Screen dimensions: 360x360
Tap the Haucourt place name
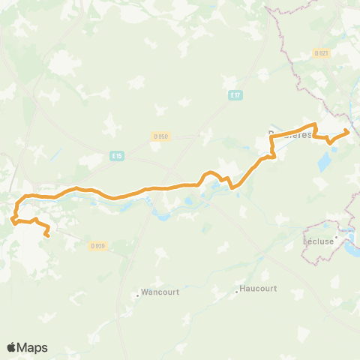[259, 289]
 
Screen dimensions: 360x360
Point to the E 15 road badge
[115, 155]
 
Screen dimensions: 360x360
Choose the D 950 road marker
[161, 136]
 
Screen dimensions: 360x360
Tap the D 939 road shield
[97, 245]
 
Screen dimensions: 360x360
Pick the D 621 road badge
[321, 52]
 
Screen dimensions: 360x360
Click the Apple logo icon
[12, 347]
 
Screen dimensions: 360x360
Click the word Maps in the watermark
[33, 347]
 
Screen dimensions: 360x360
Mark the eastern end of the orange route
[347, 132]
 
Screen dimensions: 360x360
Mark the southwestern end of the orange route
[47, 235]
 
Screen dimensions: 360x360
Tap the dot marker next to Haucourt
[236, 291]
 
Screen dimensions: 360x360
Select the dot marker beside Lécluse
[338, 238]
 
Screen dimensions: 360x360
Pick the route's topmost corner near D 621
[315, 124]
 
